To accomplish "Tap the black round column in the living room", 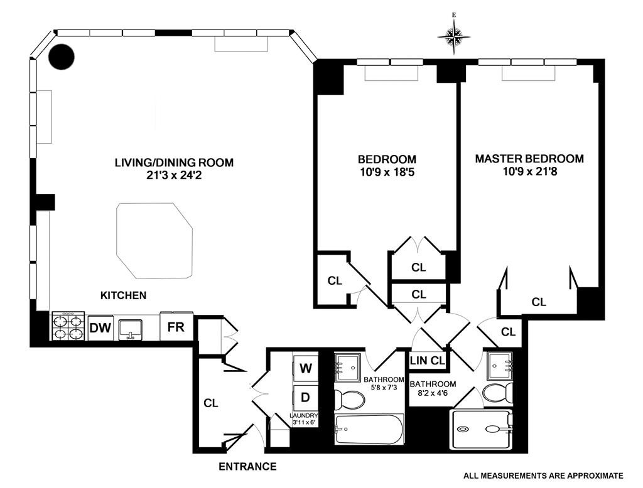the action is (62, 58).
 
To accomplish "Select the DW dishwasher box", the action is (100, 327).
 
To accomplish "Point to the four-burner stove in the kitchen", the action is (68, 326).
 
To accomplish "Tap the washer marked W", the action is (306, 368).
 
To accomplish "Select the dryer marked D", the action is (306, 397).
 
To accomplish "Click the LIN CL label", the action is (427, 361).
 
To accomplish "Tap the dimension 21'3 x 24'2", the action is (174, 176).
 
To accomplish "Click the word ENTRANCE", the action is (247, 467).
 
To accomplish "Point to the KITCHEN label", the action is (123, 295).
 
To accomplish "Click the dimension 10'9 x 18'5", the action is (387, 172).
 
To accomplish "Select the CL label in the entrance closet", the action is (210, 403).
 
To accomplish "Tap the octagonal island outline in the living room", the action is (154, 240).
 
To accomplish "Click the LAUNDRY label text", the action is (305, 415).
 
